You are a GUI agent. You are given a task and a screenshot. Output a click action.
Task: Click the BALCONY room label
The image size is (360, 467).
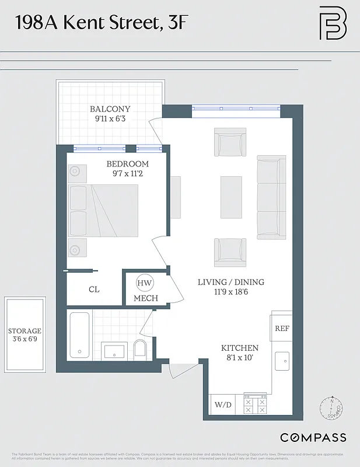110,109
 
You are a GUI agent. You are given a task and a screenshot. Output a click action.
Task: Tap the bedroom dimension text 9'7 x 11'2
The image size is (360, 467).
127,174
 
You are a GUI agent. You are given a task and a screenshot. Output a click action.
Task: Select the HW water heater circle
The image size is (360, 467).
144,284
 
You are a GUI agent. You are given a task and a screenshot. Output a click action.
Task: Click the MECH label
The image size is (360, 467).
146,298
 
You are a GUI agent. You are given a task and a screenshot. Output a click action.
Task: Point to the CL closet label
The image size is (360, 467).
94,289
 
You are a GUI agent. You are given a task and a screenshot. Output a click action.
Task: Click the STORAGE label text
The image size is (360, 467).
25,331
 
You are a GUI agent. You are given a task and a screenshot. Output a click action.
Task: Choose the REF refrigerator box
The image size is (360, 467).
282,329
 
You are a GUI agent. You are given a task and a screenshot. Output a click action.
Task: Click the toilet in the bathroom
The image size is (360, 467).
140,350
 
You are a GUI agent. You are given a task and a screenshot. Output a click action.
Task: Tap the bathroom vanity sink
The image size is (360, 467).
114,351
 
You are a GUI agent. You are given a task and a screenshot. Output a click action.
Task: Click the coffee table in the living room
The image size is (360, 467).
230,197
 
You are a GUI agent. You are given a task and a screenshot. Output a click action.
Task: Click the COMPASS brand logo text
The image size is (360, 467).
313,437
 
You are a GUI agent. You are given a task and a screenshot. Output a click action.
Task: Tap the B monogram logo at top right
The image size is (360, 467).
333,24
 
